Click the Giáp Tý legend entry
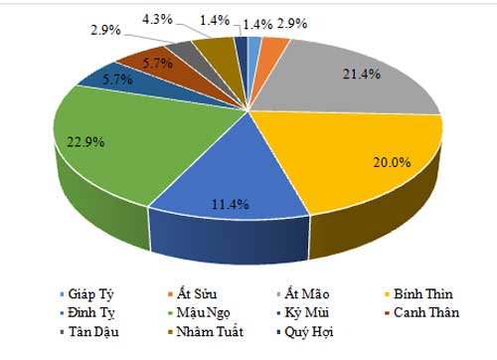tap(94, 294)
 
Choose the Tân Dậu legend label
tap(94, 331)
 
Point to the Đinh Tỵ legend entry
tap(94, 313)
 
